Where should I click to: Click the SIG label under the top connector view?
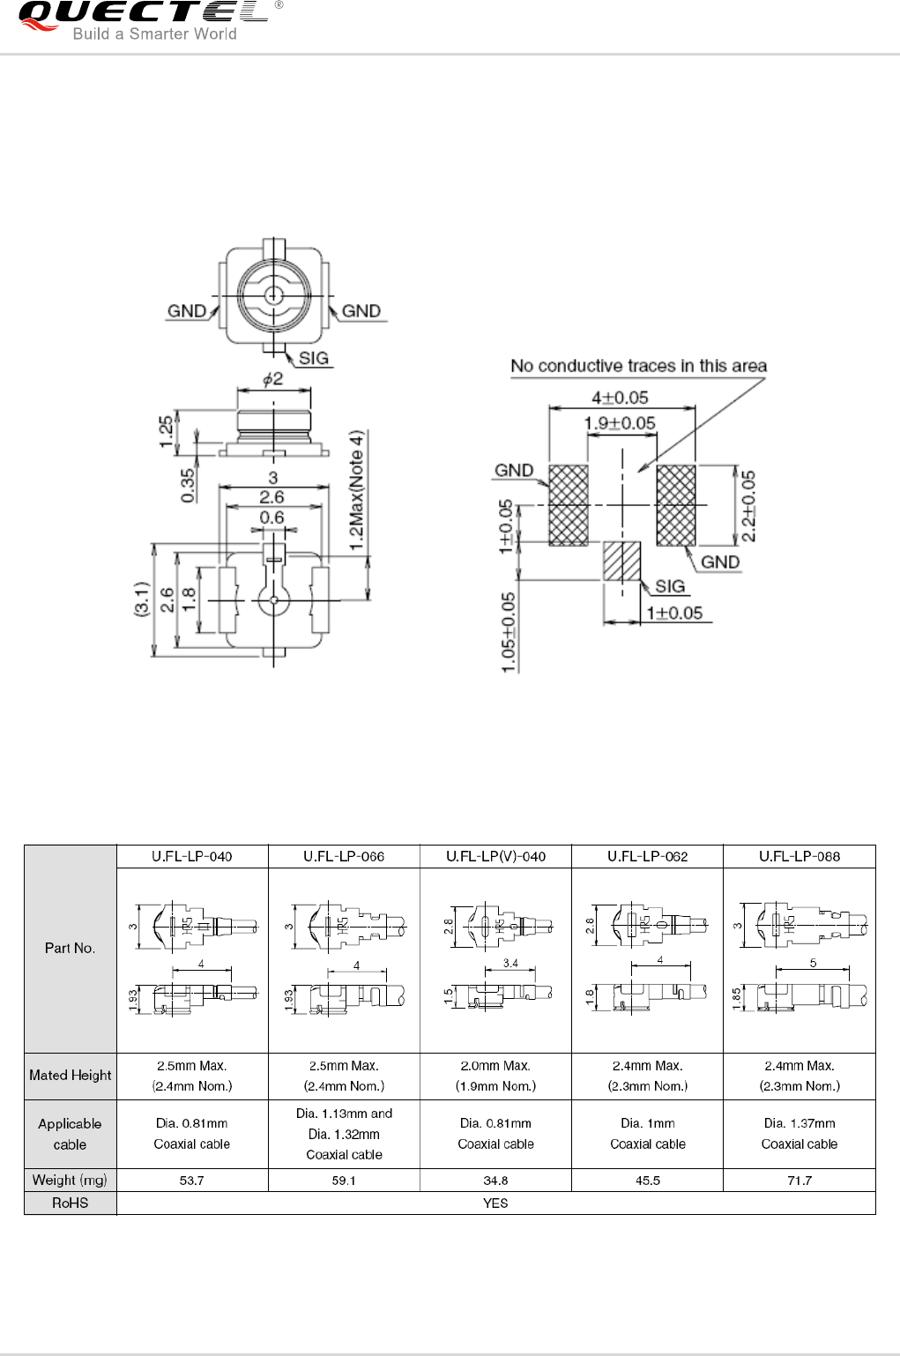coord(314,358)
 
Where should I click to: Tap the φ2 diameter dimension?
coord(273,379)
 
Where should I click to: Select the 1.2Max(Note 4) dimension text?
coord(356,490)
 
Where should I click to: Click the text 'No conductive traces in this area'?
coord(638,366)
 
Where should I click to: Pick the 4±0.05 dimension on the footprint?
coord(620,398)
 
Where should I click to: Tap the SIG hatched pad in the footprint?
coord(621,561)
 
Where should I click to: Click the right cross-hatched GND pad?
coord(676,505)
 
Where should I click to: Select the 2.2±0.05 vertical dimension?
coord(748,505)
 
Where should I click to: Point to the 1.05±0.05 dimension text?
coord(509,632)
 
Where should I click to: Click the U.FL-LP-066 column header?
coord(344,856)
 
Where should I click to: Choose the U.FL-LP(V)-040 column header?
coord(495,856)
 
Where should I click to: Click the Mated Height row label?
coord(71,1076)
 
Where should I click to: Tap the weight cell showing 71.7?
coord(800,1181)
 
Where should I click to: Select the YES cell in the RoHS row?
coord(495,1203)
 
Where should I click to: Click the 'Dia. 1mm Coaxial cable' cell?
coord(648,1134)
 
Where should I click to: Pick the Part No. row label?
coord(71,949)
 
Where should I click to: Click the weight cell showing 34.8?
coord(495,1181)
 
